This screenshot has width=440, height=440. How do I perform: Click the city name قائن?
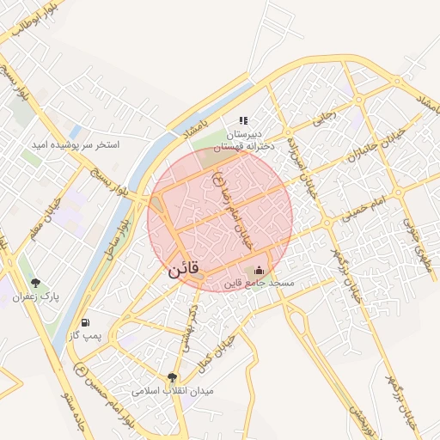point(183,269)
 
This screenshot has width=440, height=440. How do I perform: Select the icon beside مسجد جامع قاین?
point(260,272)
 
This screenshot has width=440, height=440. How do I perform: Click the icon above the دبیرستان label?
point(243,121)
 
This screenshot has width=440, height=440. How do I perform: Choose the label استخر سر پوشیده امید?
point(76,144)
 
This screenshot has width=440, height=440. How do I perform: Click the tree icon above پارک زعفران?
point(35,283)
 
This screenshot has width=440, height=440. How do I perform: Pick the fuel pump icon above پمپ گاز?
point(85,322)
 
